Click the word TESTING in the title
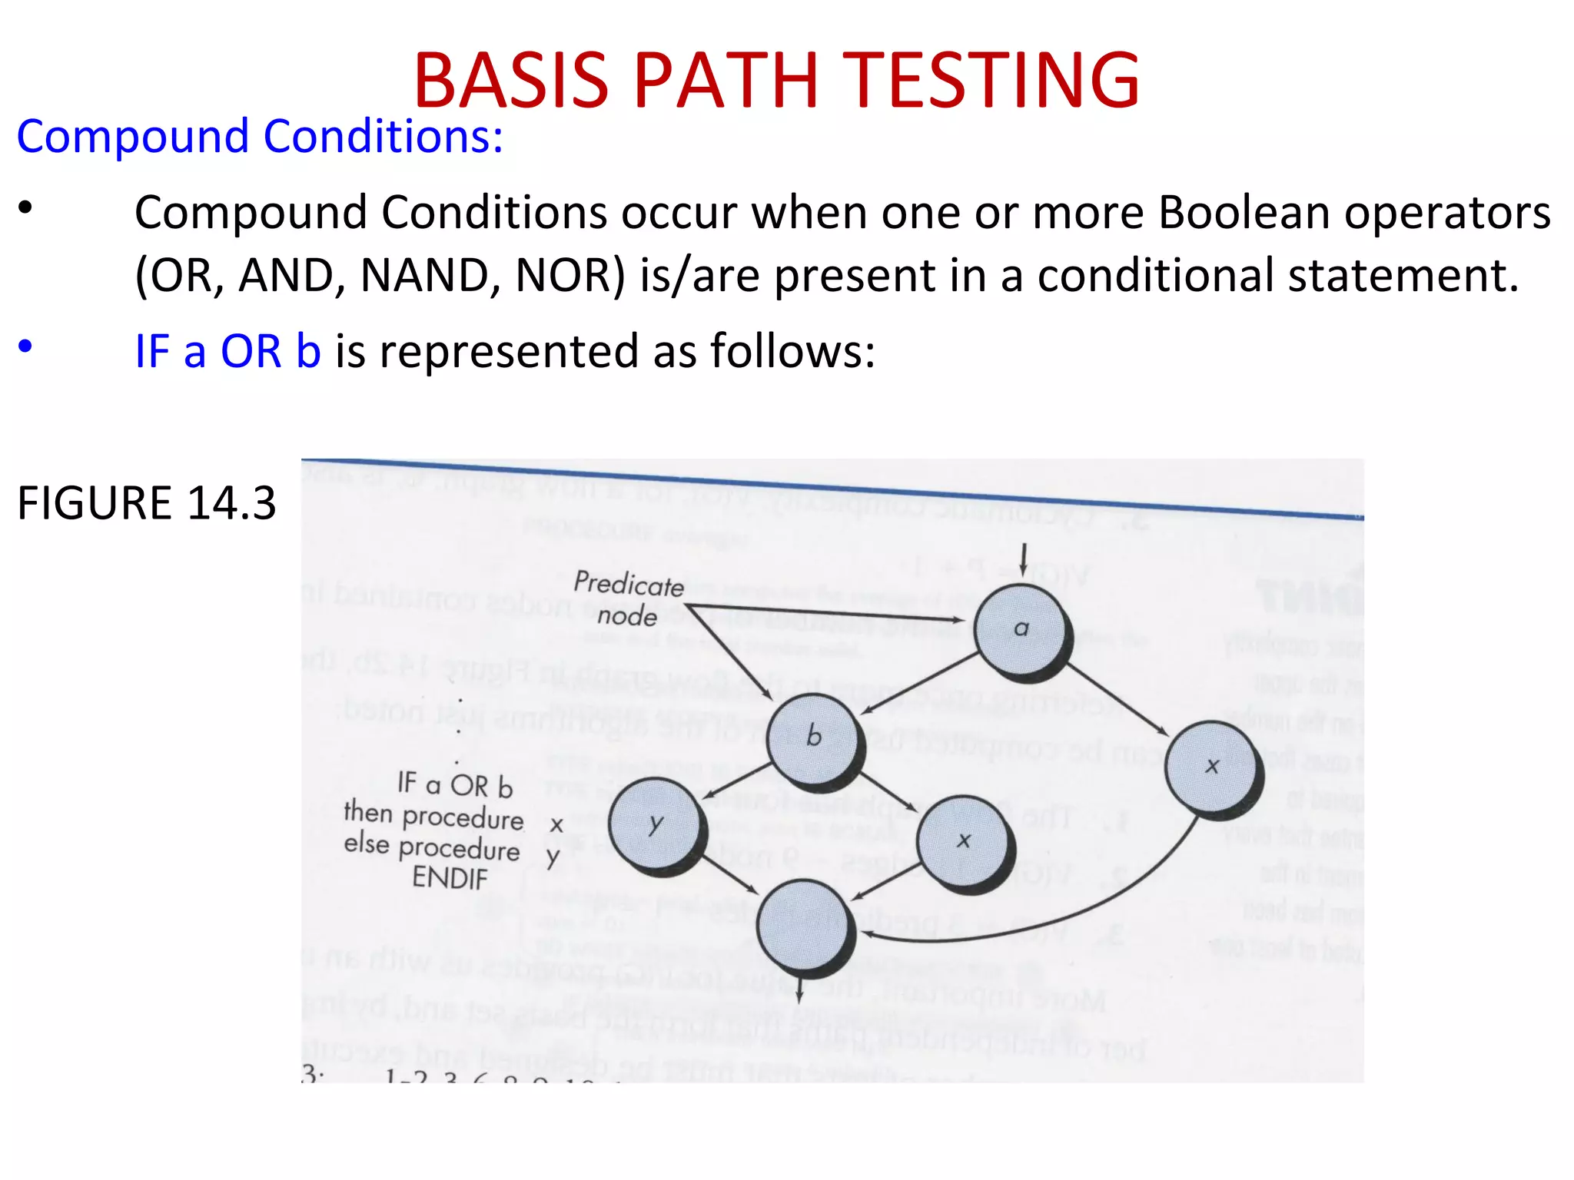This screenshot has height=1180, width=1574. point(995,79)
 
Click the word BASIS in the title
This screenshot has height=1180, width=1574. point(511,79)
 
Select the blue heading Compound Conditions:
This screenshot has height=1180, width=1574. point(260,137)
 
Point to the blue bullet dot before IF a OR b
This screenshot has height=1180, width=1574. point(25,346)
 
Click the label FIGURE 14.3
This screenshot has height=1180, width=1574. point(146,503)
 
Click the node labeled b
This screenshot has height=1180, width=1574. point(813,739)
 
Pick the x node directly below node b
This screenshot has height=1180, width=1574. point(964,842)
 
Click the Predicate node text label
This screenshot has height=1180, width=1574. point(629,599)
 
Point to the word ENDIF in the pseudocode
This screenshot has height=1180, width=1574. point(450,877)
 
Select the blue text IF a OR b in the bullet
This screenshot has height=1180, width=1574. point(227,351)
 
